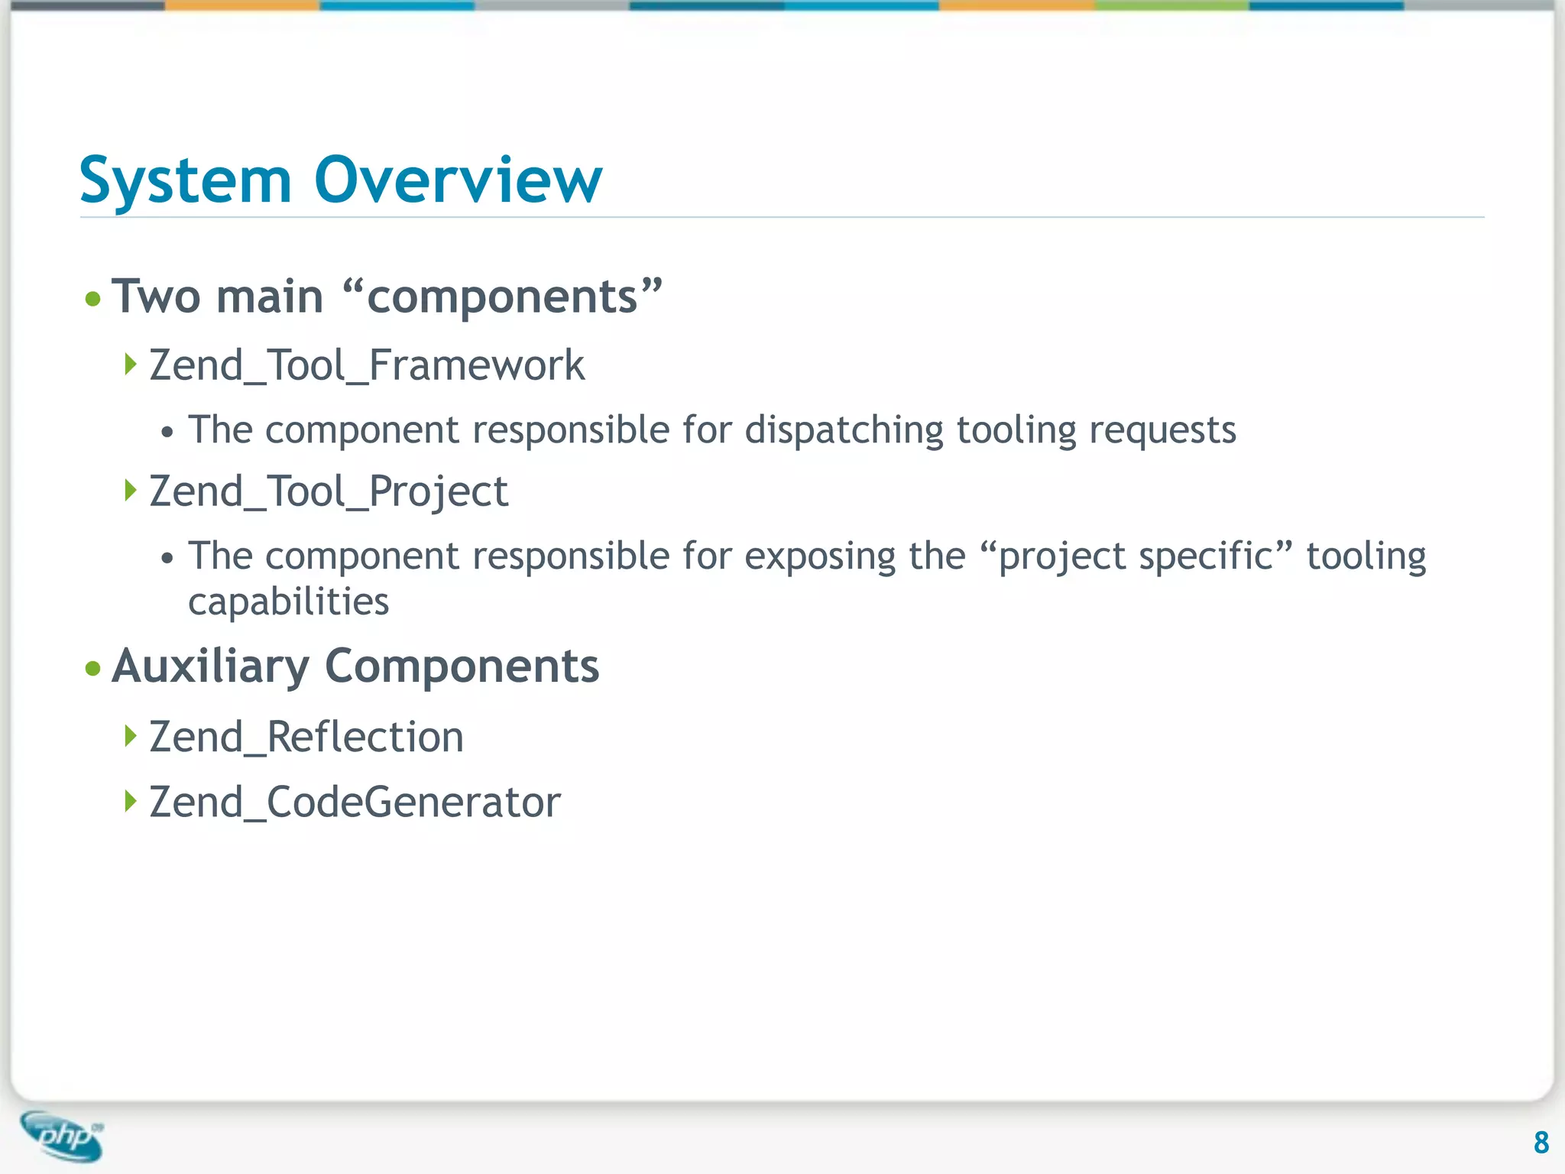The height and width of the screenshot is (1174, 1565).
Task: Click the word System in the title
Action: click(x=186, y=182)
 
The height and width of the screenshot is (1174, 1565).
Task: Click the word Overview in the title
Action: click(x=458, y=180)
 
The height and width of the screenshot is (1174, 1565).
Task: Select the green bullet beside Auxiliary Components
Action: click(x=93, y=669)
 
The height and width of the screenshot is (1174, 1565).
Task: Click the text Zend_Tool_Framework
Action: click(x=367, y=365)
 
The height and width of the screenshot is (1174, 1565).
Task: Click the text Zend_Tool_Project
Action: click(x=329, y=491)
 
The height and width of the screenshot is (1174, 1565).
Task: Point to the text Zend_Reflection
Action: click(x=306, y=738)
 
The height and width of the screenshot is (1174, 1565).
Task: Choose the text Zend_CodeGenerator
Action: click(x=355, y=803)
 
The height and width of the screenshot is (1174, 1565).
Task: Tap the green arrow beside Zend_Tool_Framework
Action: click(x=131, y=364)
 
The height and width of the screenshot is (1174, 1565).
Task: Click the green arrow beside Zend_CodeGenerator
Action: click(x=131, y=801)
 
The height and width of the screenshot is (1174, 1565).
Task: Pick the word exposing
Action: click(x=819, y=557)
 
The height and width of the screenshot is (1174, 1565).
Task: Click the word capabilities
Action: click(x=288, y=602)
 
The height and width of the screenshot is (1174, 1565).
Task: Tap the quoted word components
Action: click(x=502, y=297)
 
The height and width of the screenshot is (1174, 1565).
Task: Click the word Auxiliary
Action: click(x=210, y=666)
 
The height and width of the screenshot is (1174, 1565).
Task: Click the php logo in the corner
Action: click(x=63, y=1136)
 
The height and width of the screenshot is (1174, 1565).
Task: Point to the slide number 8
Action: click(x=1541, y=1143)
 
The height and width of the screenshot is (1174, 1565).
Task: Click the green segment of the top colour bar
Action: click(x=1171, y=5)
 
